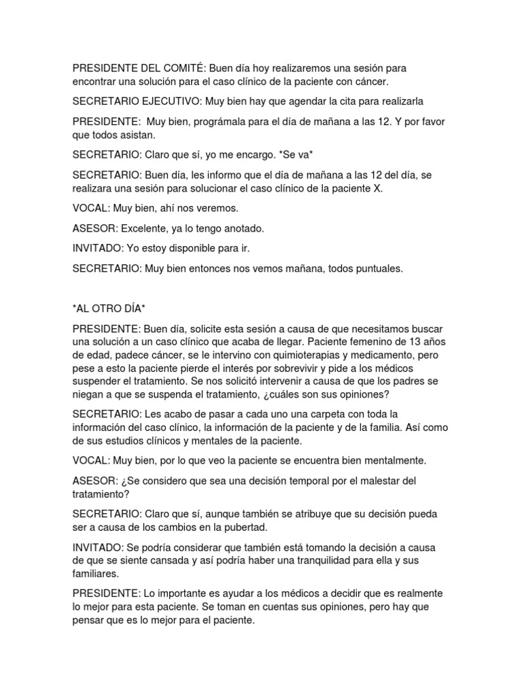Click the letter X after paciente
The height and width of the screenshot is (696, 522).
point(379,188)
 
